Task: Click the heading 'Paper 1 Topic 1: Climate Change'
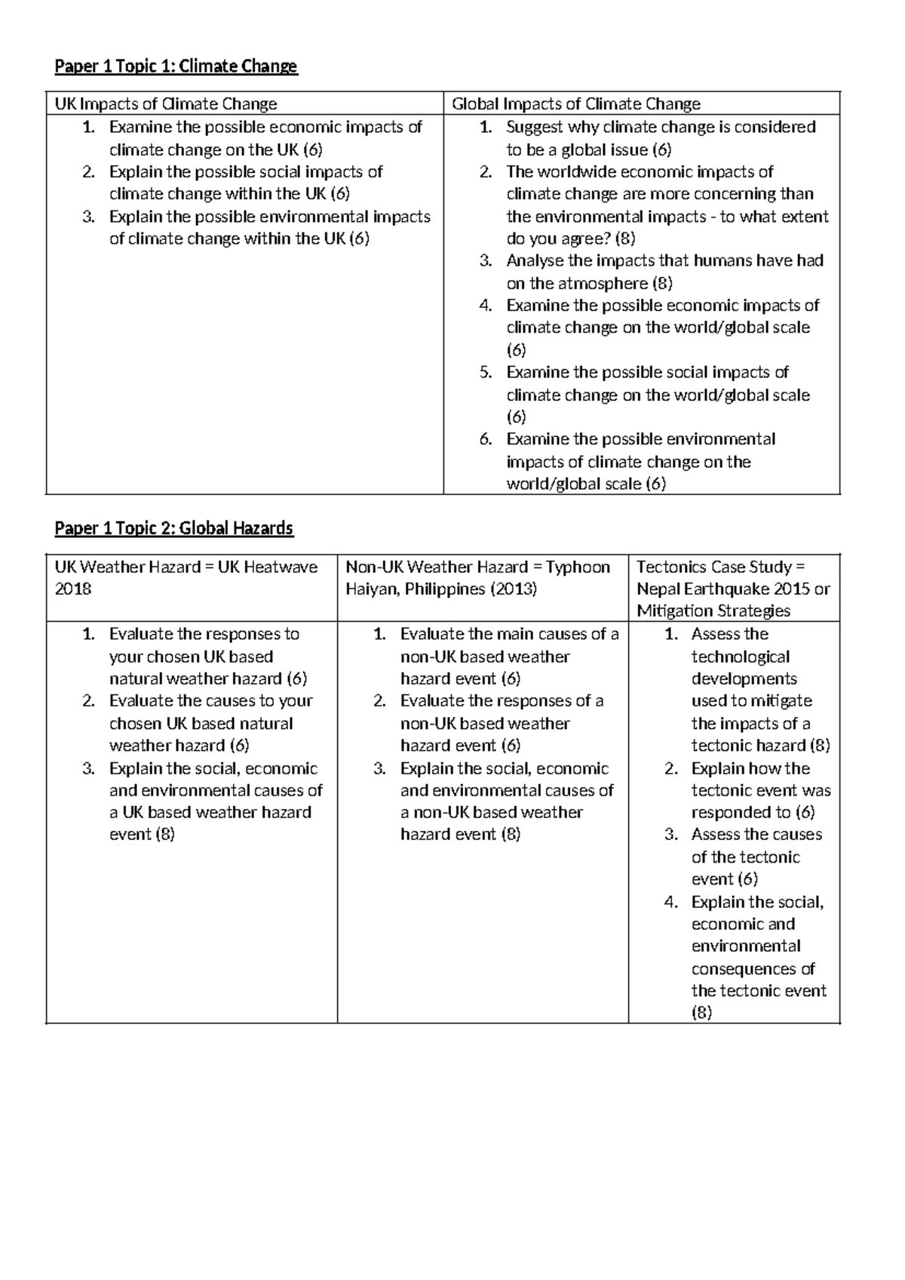176,66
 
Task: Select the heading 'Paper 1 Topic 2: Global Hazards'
173,528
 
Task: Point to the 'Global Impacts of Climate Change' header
576,104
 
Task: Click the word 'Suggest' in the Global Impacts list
534,127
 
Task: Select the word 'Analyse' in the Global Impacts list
534,261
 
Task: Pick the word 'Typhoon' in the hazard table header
578,567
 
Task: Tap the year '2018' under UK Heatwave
73,589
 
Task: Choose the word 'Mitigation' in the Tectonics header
673,611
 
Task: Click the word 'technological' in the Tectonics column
741,657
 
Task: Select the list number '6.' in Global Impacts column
486,439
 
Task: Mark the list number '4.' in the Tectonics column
671,902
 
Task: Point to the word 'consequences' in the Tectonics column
753,968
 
